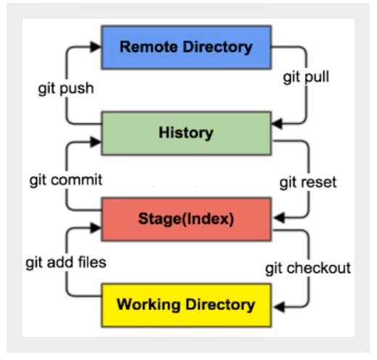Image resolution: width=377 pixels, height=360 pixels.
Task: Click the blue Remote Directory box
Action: [x=186, y=48]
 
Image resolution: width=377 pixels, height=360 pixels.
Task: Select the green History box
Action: [x=186, y=133]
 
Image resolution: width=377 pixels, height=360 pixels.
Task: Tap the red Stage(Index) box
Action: [x=186, y=219]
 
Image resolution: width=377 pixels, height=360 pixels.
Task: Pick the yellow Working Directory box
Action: [x=186, y=305]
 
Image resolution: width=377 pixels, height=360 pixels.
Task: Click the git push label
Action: [x=66, y=88]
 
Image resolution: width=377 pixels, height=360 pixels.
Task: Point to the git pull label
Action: [x=306, y=78]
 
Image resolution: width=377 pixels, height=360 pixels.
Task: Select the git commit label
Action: [x=66, y=180]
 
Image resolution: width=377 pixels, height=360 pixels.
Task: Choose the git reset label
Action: [x=308, y=183]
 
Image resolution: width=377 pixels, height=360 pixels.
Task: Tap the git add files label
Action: [x=66, y=262]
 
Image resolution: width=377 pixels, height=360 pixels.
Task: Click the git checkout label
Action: [x=308, y=268]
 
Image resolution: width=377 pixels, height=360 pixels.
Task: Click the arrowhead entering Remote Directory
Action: [x=96, y=46]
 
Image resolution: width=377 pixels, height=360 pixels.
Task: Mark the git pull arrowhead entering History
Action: [x=277, y=124]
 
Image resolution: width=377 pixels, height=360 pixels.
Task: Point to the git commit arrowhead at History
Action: [x=96, y=142]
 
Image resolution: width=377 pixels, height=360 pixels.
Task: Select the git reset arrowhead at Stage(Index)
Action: [x=279, y=217]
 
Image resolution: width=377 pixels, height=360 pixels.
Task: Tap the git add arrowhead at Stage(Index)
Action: [x=96, y=227]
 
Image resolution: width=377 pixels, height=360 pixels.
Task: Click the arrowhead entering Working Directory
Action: [x=279, y=307]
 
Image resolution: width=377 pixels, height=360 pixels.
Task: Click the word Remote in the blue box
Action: [x=149, y=47]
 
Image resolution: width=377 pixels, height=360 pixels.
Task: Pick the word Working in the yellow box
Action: [x=149, y=305]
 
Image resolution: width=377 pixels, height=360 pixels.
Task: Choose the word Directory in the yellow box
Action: [x=220, y=305]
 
